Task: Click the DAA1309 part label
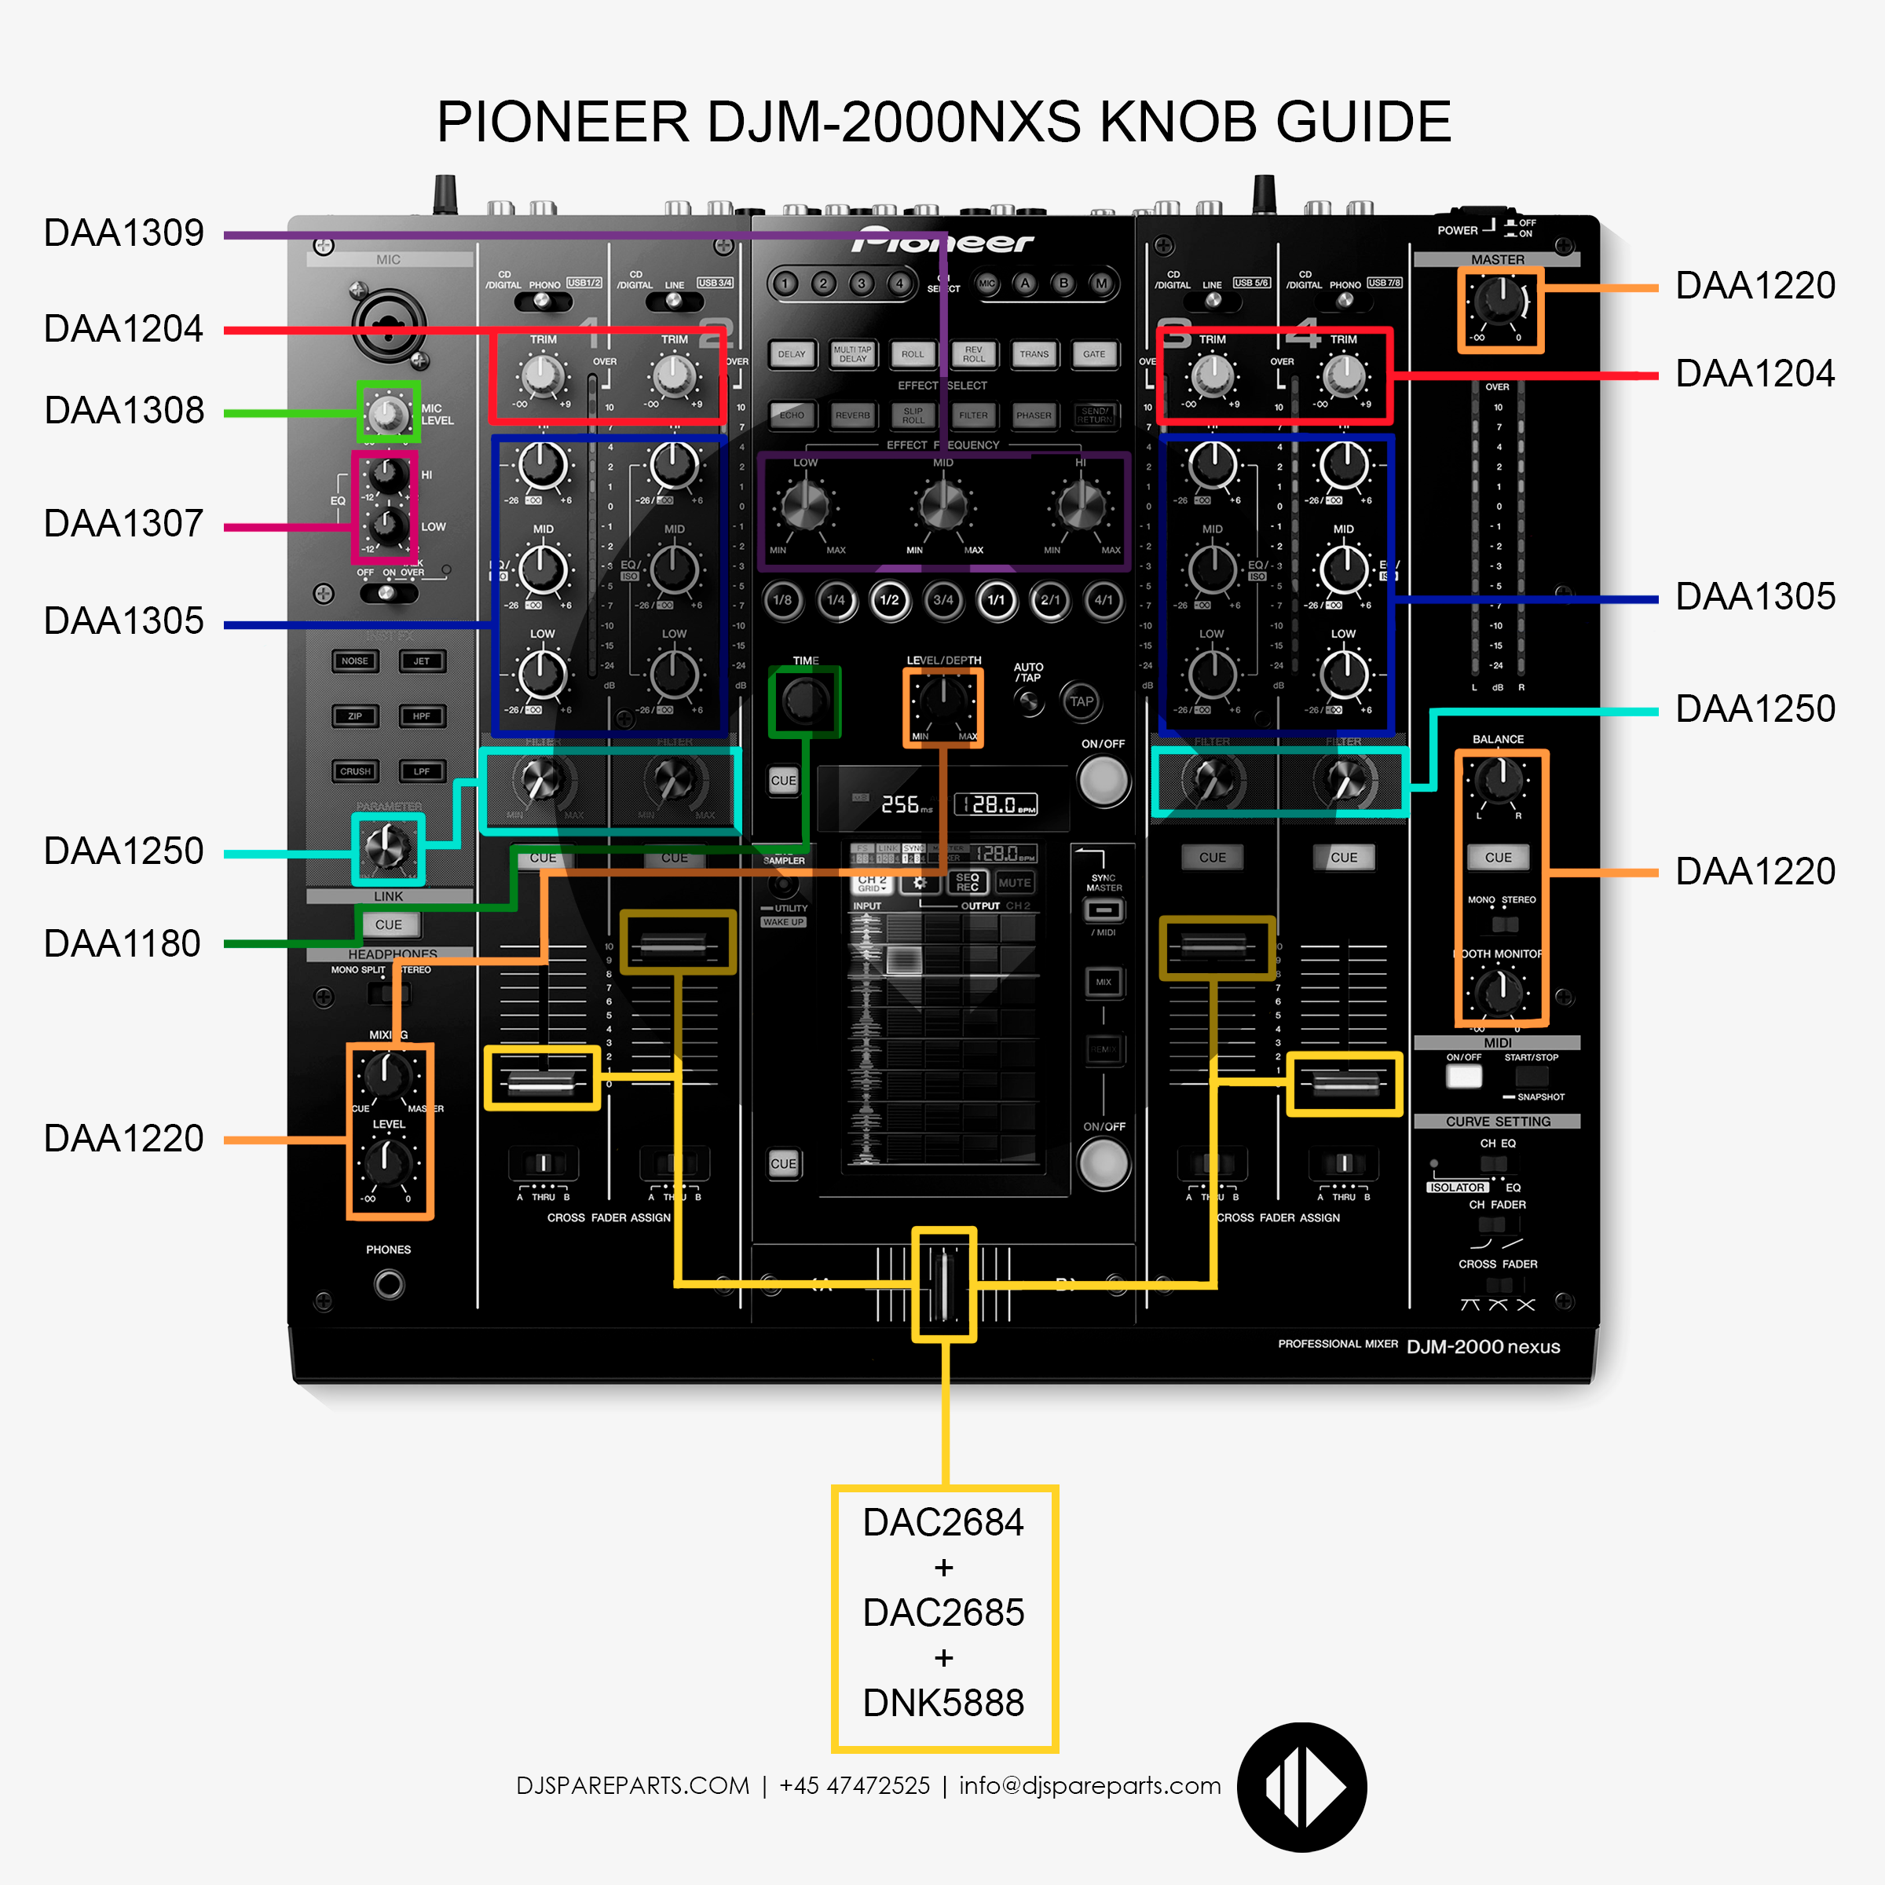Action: pyautogui.click(x=124, y=233)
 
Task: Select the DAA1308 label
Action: pyautogui.click(x=124, y=411)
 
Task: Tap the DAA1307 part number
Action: pyautogui.click(x=124, y=524)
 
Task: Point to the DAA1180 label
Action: pyautogui.click(x=122, y=944)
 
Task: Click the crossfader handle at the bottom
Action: pyautogui.click(x=943, y=1285)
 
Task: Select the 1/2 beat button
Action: pyautogui.click(x=889, y=600)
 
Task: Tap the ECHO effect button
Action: pyautogui.click(x=791, y=415)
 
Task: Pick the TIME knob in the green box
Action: pyautogui.click(x=805, y=701)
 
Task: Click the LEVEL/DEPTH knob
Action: pyautogui.click(x=942, y=700)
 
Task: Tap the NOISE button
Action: pyautogui.click(x=354, y=661)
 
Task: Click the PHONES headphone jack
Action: pyautogui.click(x=388, y=1285)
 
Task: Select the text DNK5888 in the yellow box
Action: pyautogui.click(x=943, y=1703)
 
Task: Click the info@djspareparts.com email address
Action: pyautogui.click(x=1090, y=1785)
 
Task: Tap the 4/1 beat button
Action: pyautogui.click(x=1103, y=600)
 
